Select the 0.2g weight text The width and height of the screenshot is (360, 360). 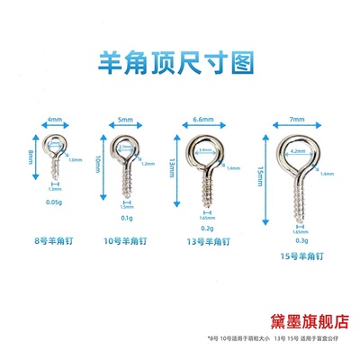point(205,229)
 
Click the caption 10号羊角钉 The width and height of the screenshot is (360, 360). point(124,241)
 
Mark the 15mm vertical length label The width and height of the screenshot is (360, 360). point(262,180)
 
